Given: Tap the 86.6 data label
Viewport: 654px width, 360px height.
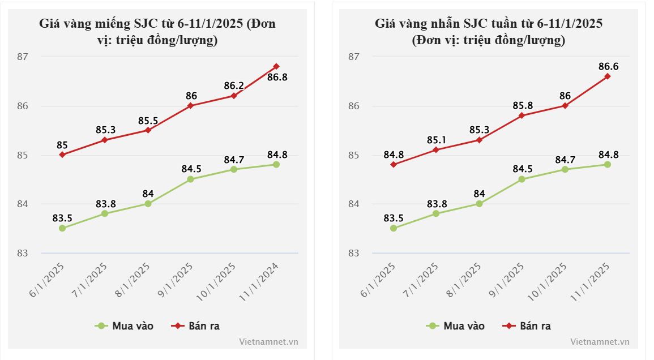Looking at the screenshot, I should click(x=608, y=67).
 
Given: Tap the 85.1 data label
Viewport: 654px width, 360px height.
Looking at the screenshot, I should click(x=437, y=139).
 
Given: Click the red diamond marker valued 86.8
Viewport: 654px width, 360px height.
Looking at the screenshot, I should click(x=276, y=66).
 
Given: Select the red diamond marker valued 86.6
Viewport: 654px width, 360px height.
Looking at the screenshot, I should click(x=608, y=76).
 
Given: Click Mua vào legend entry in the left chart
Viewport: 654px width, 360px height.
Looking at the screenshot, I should click(x=125, y=326).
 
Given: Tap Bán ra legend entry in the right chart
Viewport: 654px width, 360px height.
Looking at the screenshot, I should click(x=527, y=326).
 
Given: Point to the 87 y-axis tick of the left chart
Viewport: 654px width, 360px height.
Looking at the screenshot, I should click(x=22, y=57).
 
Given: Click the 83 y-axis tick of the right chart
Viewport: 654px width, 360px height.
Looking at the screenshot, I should click(x=353, y=253).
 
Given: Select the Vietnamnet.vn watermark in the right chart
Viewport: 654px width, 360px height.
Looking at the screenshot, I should click(x=600, y=342).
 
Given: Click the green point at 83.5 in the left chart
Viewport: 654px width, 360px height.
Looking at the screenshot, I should click(x=62, y=228).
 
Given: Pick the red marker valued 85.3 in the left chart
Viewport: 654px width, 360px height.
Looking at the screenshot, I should click(x=105, y=140).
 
